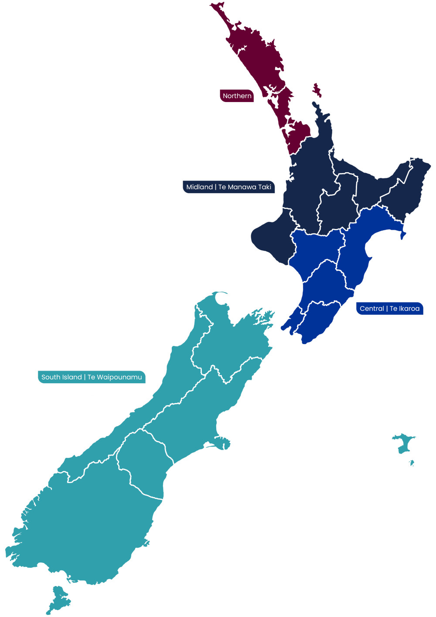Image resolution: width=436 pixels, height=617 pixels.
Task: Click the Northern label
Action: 237,96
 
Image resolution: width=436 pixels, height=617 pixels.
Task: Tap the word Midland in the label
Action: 199,187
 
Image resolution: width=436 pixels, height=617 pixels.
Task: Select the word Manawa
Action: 242,187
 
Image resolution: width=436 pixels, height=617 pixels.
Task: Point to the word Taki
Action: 265,187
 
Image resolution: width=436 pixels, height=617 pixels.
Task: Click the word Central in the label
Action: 371,309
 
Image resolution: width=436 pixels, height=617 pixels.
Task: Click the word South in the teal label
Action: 51,377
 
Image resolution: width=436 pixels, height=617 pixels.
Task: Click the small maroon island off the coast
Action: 317,90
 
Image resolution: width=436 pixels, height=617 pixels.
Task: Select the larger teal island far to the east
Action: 404,443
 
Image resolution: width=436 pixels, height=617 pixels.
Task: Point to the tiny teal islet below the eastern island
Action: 411,463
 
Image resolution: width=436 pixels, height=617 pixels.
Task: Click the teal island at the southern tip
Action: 59,600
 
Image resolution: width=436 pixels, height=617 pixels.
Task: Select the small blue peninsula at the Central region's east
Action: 403,235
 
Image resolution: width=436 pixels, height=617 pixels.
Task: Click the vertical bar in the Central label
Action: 387,309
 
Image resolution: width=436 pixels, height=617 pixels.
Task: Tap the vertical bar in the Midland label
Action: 215,187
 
